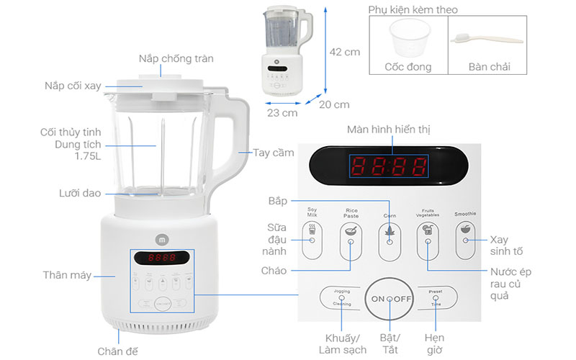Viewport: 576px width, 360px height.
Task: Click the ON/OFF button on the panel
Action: click(x=390, y=298)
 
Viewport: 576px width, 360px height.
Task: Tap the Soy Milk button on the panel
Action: click(x=312, y=239)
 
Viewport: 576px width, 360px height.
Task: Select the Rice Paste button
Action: click(x=351, y=239)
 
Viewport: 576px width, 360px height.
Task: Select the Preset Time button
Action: click(x=436, y=298)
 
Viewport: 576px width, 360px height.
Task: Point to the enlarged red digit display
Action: click(x=389, y=166)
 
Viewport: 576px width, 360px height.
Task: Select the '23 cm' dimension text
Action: click(x=282, y=113)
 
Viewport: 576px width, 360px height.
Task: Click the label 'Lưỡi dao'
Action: click(x=80, y=193)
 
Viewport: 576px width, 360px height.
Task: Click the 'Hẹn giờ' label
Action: click(x=434, y=344)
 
